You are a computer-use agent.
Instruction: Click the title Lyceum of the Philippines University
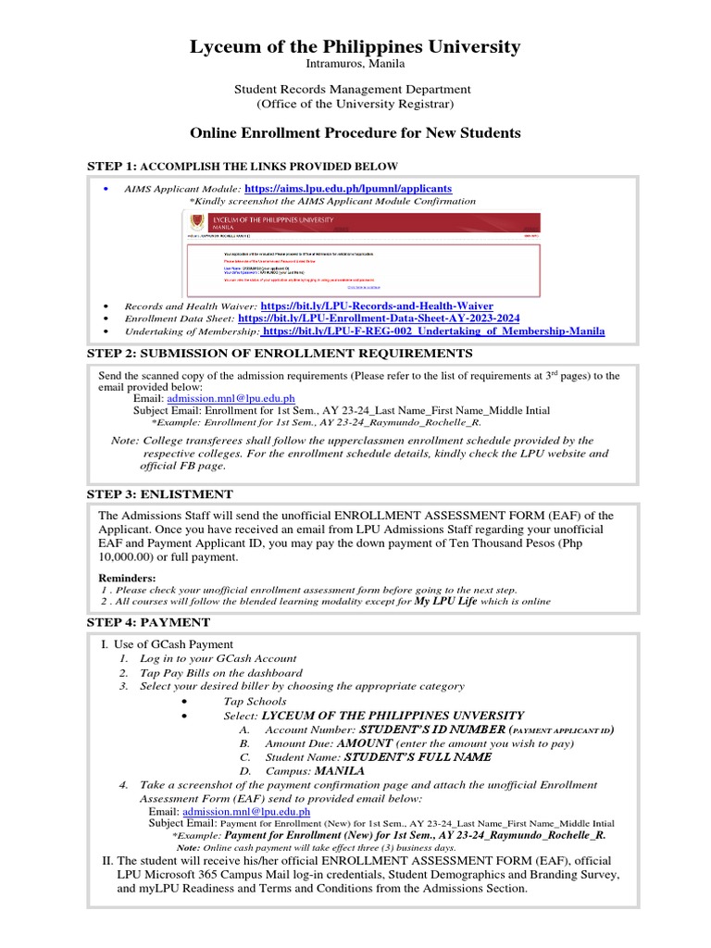(x=355, y=47)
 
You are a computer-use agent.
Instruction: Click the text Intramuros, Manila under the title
(x=355, y=64)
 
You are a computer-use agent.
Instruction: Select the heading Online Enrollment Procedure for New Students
(x=355, y=133)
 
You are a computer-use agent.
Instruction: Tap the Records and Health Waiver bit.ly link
(x=377, y=306)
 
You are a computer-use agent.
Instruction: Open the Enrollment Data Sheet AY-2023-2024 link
(x=379, y=318)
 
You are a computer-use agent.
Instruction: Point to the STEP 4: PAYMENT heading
(x=148, y=622)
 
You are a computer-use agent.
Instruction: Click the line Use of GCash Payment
(x=172, y=644)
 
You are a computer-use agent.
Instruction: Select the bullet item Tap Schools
(x=255, y=702)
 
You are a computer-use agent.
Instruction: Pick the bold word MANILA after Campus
(x=340, y=770)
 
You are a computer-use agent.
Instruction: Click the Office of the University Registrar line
(x=355, y=104)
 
